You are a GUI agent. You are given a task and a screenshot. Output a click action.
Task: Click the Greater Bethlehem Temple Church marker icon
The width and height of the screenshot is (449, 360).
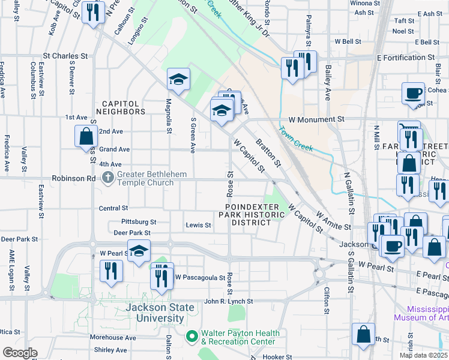[x=108, y=177]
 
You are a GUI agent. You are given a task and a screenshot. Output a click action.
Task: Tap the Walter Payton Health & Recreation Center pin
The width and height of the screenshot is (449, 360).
[x=192, y=337]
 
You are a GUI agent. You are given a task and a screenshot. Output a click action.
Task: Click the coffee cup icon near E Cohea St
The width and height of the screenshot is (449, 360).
[x=413, y=93]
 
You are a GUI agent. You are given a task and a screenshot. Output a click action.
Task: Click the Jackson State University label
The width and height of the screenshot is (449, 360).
[x=160, y=313]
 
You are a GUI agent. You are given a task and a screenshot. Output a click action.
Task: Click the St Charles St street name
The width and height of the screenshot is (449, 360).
[x=65, y=56]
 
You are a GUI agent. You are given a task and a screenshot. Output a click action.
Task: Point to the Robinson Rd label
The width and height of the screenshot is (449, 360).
[x=74, y=178]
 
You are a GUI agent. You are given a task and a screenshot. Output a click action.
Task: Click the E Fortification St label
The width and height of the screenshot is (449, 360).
[x=405, y=58]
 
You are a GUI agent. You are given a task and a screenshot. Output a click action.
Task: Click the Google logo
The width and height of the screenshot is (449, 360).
[x=20, y=353]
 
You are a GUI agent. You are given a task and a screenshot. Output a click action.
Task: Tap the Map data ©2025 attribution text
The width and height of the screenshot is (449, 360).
[x=423, y=355]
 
